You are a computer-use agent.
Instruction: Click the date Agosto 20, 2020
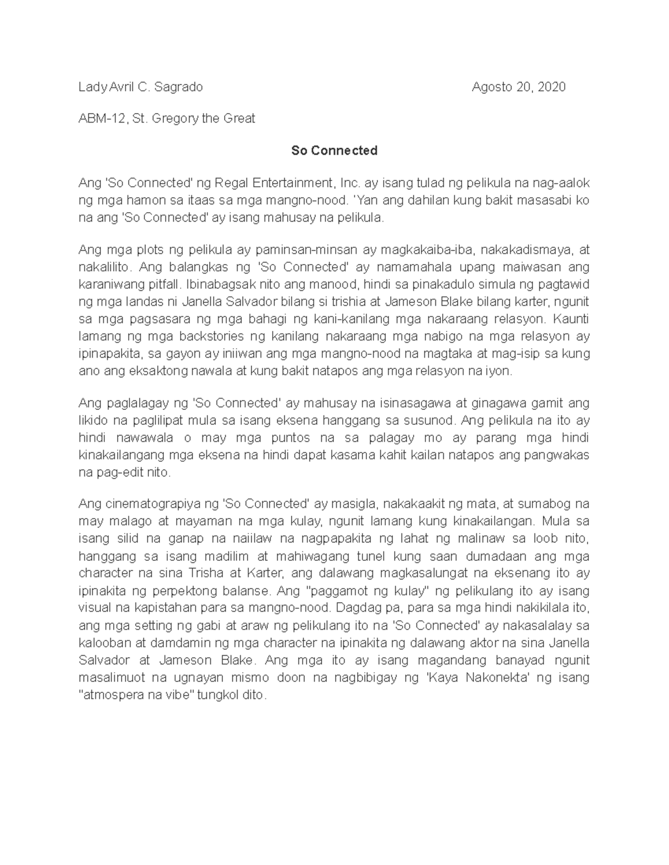pyautogui.click(x=518, y=87)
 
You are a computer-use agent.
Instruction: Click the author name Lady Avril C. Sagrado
pyautogui.click(x=140, y=87)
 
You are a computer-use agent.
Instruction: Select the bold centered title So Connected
pyautogui.click(x=334, y=150)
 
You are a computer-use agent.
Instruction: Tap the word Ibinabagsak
pyautogui.click(x=220, y=285)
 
